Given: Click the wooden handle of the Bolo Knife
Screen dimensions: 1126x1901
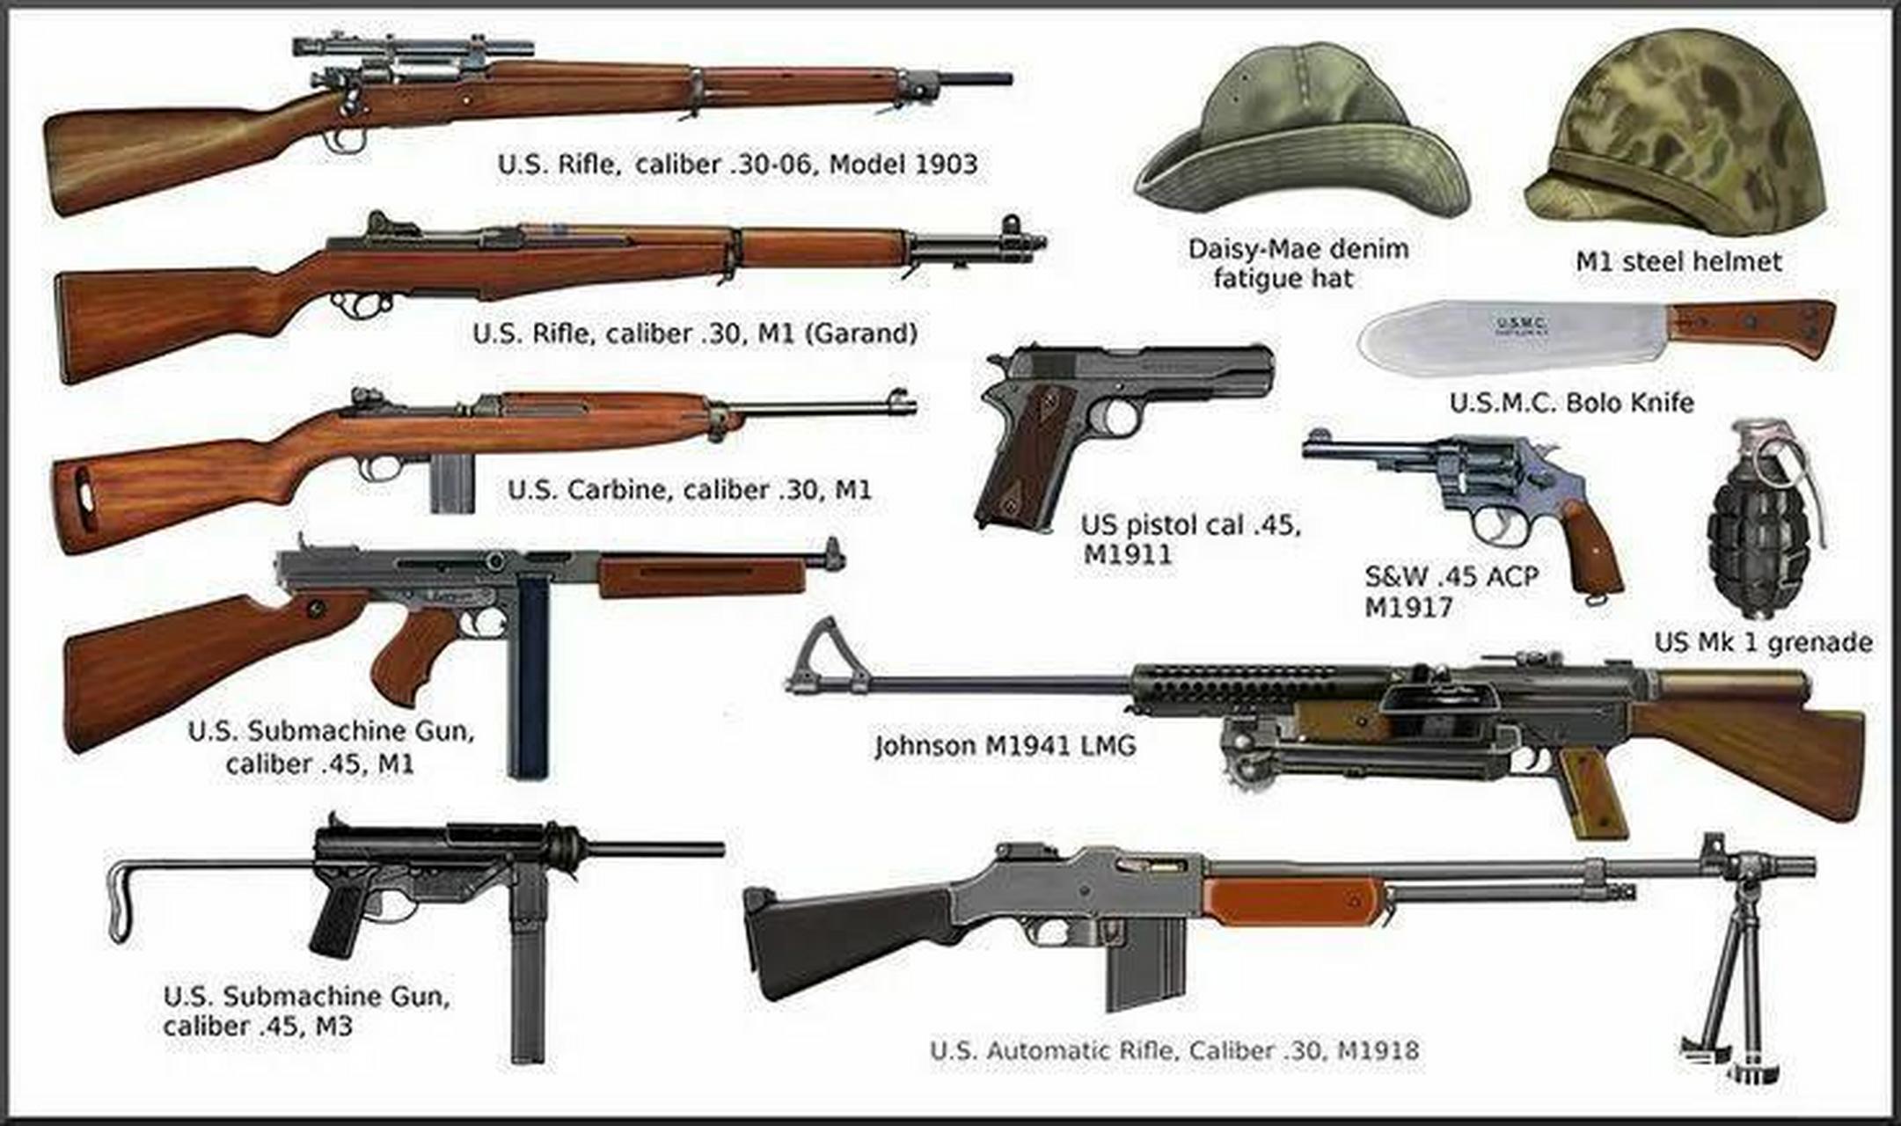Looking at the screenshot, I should (x=1751, y=327).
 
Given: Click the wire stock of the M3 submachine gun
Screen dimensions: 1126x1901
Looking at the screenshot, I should (x=123, y=897).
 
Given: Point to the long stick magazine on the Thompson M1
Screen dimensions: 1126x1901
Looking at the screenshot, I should (x=530, y=677).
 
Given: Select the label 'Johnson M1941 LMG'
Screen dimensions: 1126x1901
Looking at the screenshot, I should (x=1005, y=746).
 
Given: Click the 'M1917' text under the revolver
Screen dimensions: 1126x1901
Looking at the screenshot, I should (x=1408, y=607).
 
